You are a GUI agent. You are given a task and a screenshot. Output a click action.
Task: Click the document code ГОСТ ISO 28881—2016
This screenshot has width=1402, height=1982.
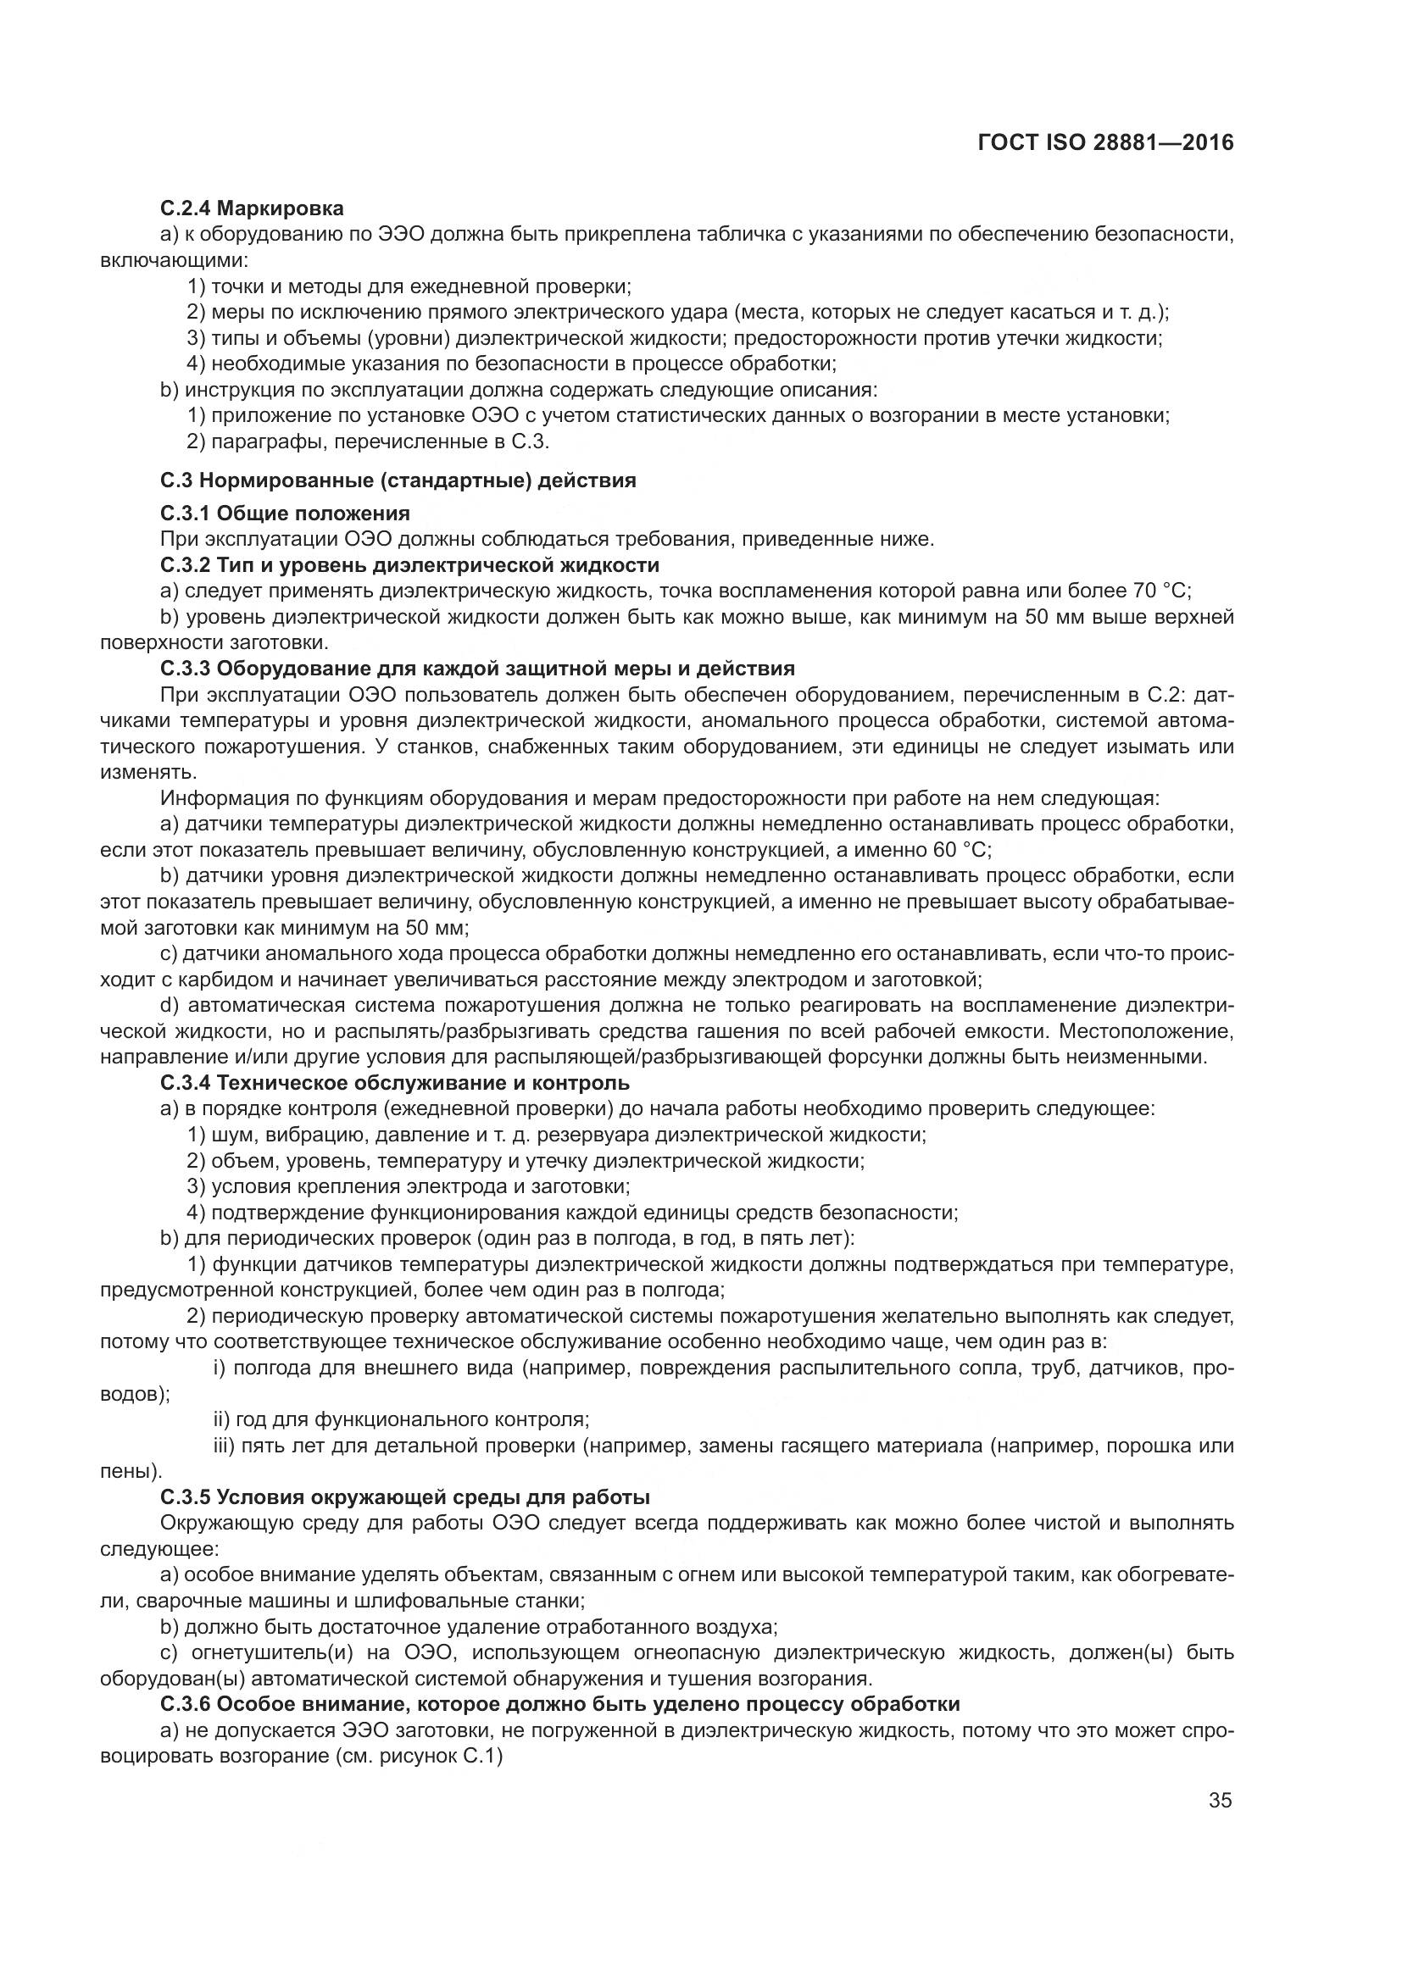click(x=1106, y=142)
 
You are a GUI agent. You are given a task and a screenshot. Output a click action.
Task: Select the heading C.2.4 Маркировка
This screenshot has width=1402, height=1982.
click(x=252, y=208)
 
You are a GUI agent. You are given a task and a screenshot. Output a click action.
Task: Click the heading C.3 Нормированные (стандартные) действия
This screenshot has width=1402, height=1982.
click(x=398, y=480)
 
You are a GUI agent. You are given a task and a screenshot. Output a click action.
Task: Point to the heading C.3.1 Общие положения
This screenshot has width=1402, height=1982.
click(x=285, y=514)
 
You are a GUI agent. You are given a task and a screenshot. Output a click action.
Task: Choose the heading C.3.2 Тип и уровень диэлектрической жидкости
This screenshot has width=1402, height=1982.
click(x=410, y=565)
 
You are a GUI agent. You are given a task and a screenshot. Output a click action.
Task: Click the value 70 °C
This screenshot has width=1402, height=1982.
click(x=1160, y=591)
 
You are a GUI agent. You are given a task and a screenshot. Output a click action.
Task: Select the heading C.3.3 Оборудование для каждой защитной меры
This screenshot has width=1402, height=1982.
click(x=477, y=669)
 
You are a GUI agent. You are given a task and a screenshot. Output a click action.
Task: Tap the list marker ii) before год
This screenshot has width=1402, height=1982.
click(x=222, y=1419)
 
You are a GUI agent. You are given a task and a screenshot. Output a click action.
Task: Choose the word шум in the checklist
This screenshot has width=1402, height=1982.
click(x=230, y=1135)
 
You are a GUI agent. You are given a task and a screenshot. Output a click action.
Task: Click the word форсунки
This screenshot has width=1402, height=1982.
click(x=875, y=1057)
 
